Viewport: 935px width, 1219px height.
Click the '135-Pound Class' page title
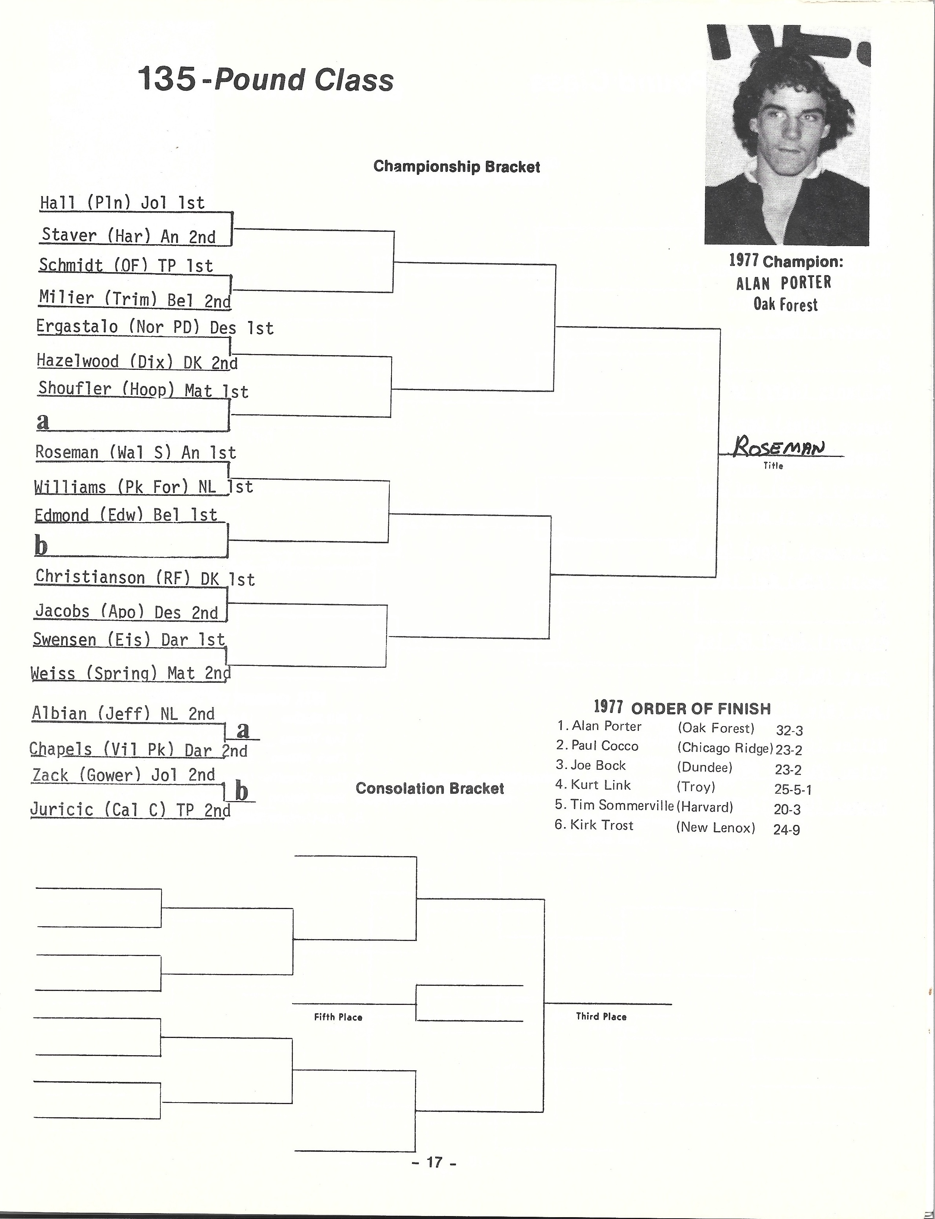pyautogui.click(x=265, y=79)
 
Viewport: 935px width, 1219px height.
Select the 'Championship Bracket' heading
pyautogui.click(x=456, y=166)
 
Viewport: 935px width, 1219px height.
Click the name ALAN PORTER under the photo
pyautogui.click(x=783, y=283)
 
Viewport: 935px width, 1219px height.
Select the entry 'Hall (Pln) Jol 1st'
pyautogui.click(x=123, y=203)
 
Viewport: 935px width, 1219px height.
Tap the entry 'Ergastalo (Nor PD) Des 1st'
pyautogui.click(x=155, y=327)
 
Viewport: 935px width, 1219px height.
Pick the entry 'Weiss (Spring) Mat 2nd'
pyautogui.click(x=131, y=673)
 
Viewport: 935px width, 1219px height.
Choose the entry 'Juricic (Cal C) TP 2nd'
pyautogui.click(x=130, y=809)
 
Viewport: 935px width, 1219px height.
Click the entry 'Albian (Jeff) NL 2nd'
pyautogui.click(x=123, y=713)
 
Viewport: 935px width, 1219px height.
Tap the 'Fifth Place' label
pyautogui.click(x=338, y=1017)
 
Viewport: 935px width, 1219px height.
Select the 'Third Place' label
pyautogui.click(x=601, y=1016)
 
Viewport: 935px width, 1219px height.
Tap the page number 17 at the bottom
pyautogui.click(x=434, y=1162)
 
